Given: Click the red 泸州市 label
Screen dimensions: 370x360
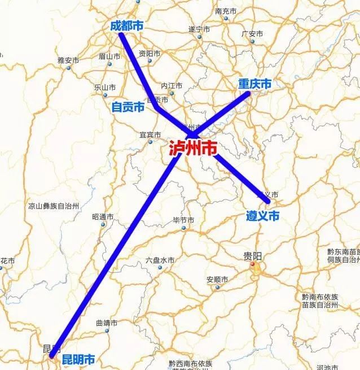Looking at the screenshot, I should pyautogui.click(x=193, y=149).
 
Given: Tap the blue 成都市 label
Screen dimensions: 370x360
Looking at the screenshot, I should pyautogui.click(x=126, y=25).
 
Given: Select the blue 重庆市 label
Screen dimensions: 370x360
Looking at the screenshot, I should pyautogui.click(x=254, y=84).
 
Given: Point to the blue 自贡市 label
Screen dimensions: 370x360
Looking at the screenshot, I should pyautogui.click(x=128, y=107).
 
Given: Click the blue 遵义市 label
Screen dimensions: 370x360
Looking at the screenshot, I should pyautogui.click(x=263, y=216).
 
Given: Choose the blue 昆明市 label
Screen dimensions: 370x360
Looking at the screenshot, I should pyautogui.click(x=78, y=359).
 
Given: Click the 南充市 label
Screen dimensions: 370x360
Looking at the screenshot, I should pyautogui.click(x=226, y=11).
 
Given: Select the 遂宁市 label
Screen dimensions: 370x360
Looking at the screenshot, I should pyautogui.click(x=199, y=29).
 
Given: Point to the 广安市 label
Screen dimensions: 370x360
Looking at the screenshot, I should pyautogui.click(x=252, y=34).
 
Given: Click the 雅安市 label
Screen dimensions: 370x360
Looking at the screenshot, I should pyautogui.click(x=68, y=60).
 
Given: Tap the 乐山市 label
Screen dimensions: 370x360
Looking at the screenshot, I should pyautogui.click(x=105, y=88).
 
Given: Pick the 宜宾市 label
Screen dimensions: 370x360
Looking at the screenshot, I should pyautogui.click(x=150, y=135).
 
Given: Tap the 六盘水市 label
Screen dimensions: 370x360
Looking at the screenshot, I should pyautogui.click(x=160, y=260).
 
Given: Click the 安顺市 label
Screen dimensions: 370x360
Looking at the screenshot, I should pyautogui.click(x=217, y=280).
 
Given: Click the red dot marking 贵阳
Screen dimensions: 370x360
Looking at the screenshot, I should pyautogui.click(x=253, y=264).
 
